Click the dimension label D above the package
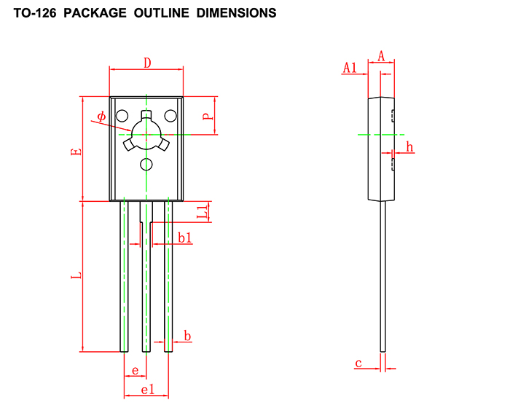tap(147, 63)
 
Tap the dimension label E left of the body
tap(76, 152)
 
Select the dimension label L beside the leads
tap(76, 275)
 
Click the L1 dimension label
tap(203, 211)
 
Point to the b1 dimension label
tap(185, 238)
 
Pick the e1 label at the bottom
tap(148, 389)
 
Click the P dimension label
tap(208, 116)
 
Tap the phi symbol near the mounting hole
tap(101, 116)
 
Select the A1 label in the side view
tap(350, 68)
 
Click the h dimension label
tap(409, 146)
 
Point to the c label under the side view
tap(358, 363)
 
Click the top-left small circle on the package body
tap(122, 116)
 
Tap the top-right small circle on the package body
tap(170, 116)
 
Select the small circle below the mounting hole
tap(146, 165)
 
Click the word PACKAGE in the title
tap(95, 13)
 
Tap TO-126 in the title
tap(35, 13)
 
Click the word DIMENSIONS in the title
tap(237, 13)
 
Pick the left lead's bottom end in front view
tap(124, 351)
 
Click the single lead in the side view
tap(382, 277)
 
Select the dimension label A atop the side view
tap(381, 56)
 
